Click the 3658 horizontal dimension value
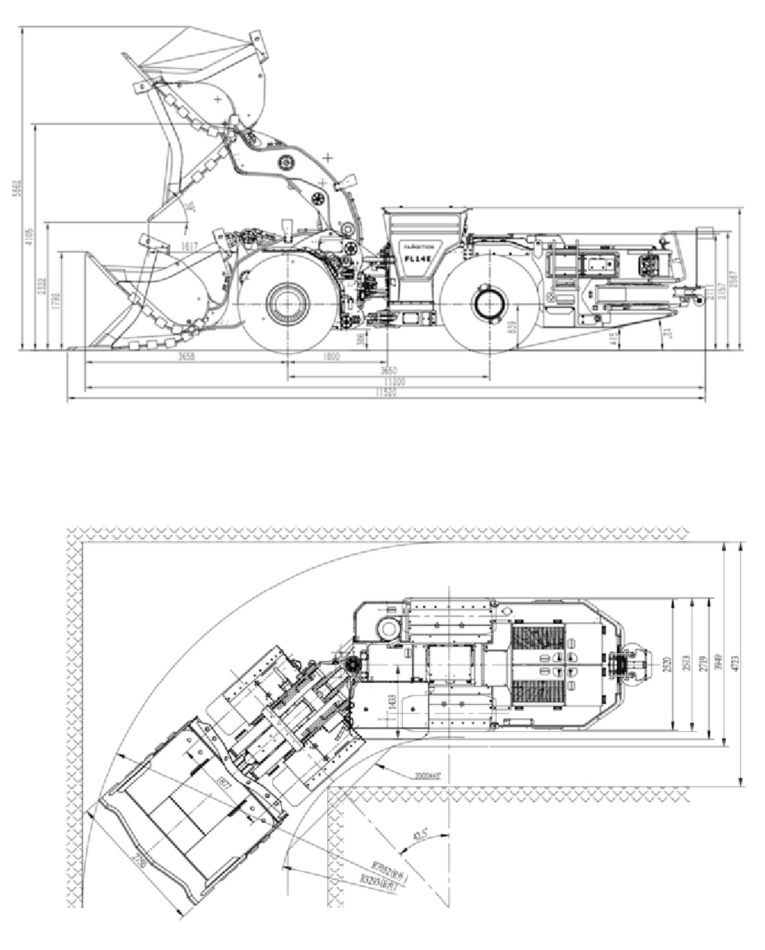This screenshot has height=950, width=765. coord(186,356)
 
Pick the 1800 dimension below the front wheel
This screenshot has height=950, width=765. coord(331,356)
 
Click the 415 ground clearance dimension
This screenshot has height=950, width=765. coord(613,338)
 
